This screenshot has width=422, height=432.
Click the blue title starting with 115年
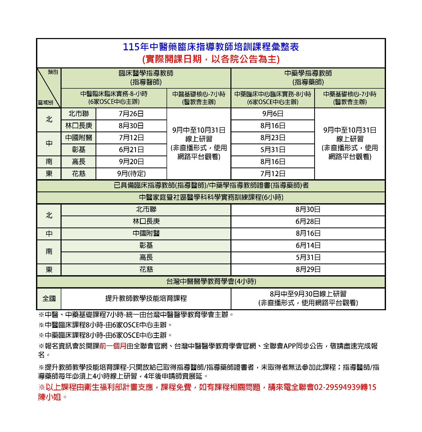pos(211,47)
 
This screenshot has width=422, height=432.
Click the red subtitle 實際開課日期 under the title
pos(211,59)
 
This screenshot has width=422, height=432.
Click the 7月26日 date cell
pos(131,114)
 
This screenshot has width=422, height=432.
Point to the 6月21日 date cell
pos(131,150)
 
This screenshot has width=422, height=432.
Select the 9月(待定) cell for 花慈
pos(131,174)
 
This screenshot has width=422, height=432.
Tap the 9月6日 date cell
pos(273,114)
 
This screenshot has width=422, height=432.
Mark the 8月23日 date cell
pos(273,138)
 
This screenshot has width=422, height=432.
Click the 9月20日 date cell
pos(131,162)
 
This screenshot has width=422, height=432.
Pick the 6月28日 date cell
pos(308,221)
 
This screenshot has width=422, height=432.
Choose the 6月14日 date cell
pos(308,245)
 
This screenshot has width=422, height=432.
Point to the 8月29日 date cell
pos(308,269)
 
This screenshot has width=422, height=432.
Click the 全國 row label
pos(49,298)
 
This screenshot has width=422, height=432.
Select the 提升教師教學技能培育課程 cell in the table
pos(146,298)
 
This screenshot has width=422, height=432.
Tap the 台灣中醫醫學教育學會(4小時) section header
pos(211,281)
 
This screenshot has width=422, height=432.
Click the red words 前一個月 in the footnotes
pos(113,346)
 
